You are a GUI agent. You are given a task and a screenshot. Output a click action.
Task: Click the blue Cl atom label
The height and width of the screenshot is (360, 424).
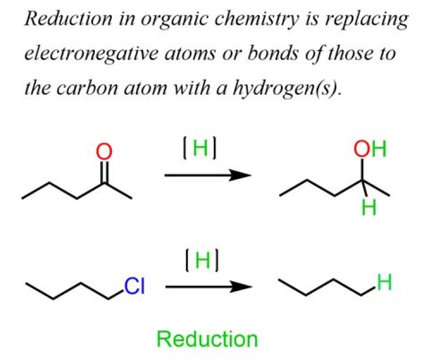pos(135,287)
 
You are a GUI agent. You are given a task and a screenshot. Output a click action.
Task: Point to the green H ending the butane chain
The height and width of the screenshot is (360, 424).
pos(385,283)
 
